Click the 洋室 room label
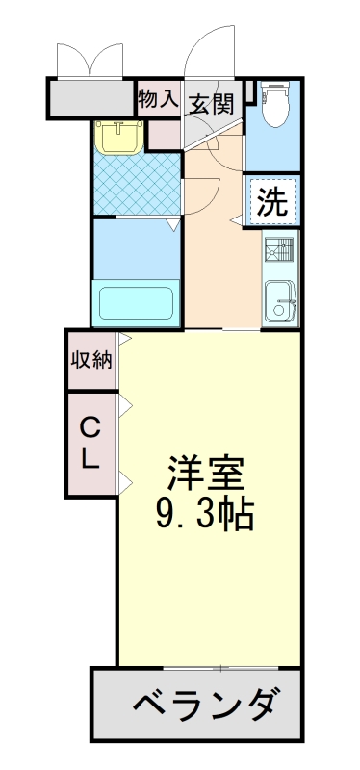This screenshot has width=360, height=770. pyautogui.click(x=209, y=474)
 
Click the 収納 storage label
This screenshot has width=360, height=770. pyautogui.click(x=91, y=361)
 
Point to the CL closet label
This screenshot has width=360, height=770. pyautogui.click(x=90, y=442)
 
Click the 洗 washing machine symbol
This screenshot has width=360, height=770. pyautogui.click(x=273, y=202)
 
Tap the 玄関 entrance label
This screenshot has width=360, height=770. pyautogui.click(x=211, y=102)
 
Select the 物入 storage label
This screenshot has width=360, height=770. pyautogui.click(x=158, y=98)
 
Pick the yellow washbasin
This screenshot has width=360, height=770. pyautogui.click(x=118, y=137)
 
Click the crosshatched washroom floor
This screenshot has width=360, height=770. pyautogui.click(x=137, y=184)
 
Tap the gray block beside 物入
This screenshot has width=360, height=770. pyautogui.click(x=90, y=99)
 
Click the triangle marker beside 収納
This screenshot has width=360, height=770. pyautogui.click(x=124, y=340)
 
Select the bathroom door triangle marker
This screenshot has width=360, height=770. pyautogui.click(x=172, y=226)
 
